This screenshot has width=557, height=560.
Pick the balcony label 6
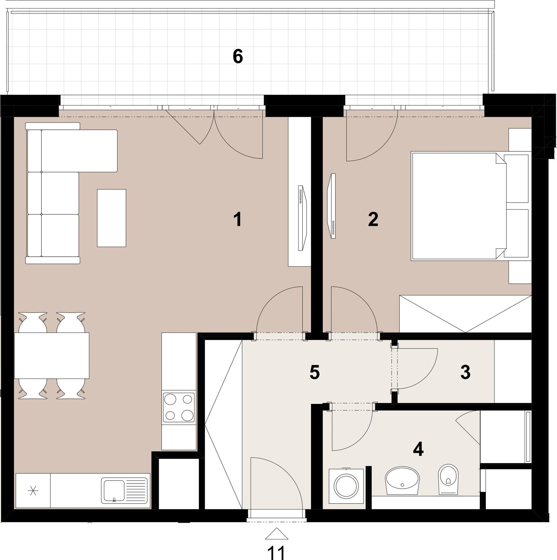[x=238, y=57]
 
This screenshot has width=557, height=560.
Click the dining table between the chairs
[x=52, y=356]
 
